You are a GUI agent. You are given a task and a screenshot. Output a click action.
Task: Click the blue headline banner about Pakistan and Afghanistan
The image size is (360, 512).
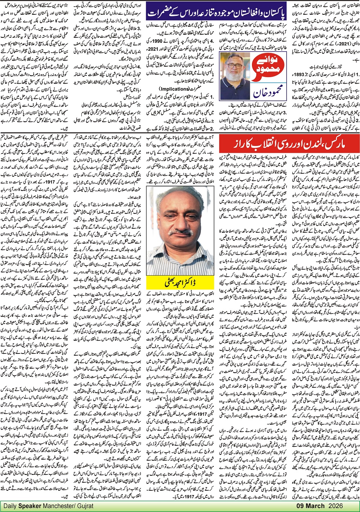tap(215, 12)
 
